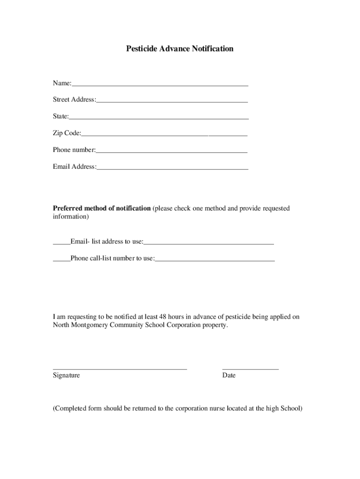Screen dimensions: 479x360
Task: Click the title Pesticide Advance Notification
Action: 180,49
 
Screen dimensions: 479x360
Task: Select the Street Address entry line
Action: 172,102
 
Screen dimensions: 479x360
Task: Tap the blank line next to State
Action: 159,118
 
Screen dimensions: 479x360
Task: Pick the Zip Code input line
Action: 164,135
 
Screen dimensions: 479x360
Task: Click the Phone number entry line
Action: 172,152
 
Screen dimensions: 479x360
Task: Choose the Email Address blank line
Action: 173,169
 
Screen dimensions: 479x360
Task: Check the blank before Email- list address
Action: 61,244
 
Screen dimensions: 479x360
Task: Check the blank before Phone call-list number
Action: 61,260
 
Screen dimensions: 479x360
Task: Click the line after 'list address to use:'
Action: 209,244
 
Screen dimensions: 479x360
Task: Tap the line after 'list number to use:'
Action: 215,260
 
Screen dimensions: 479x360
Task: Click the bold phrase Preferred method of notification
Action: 101,208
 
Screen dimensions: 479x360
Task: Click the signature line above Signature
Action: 120,369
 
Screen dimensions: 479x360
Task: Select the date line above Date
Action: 250,369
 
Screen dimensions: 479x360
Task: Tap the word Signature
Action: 66,375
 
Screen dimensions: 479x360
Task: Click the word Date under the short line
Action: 229,375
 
